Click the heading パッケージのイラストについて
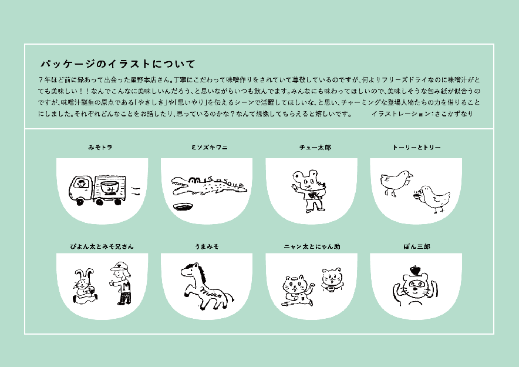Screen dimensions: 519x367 [118, 64]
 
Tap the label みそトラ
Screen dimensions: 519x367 [100, 148]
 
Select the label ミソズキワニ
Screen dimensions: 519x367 [209, 148]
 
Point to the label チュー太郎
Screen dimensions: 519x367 [315, 148]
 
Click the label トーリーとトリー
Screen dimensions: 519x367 [416, 148]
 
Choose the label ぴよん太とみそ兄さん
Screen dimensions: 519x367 [102, 246]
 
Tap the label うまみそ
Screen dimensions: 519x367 [207, 246]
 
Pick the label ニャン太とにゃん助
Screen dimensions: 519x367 [312, 246]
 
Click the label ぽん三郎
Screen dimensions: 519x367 [417, 246]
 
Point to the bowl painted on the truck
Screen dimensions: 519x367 [110, 188]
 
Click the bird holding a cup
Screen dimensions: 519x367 [432, 199]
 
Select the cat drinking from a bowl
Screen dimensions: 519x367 [332, 280]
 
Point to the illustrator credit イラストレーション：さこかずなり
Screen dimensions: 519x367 [422, 114]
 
